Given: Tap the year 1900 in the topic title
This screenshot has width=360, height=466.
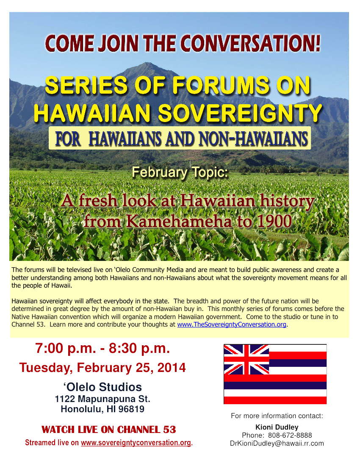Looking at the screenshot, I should point(269,221).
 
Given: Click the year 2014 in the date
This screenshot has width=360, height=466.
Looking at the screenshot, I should point(172,367).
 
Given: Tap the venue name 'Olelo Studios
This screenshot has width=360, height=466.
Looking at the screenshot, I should point(102,387).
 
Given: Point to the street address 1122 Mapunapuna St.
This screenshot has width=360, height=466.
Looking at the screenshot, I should point(102,399).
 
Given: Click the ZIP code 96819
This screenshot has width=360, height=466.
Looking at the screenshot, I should point(130,409).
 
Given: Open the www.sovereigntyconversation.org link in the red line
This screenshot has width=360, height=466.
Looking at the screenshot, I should point(136,443).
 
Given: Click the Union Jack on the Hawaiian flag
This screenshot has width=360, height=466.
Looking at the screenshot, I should point(246,359).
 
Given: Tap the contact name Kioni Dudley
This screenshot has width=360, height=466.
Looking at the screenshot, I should point(277,427).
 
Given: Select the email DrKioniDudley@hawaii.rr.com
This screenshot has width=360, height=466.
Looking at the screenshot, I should point(277,443).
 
